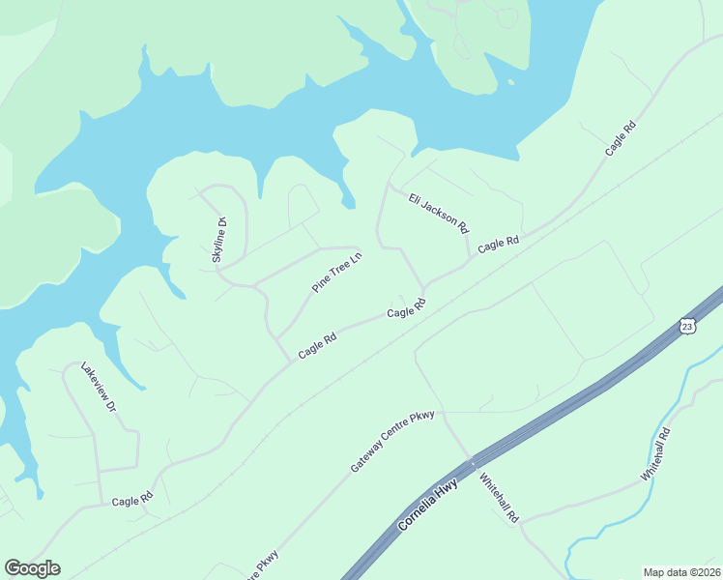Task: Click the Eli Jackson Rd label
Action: coord(438,214)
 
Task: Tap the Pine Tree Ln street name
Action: coord(336,273)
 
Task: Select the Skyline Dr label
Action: coord(218,241)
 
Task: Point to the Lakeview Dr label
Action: coord(99,388)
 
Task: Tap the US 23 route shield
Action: coord(687,326)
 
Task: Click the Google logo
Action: coord(32,568)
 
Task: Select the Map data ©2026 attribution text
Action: coord(681,572)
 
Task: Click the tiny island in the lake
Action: coord(509,83)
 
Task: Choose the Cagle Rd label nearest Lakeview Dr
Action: coord(132,500)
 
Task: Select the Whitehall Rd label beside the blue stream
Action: coord(655,456)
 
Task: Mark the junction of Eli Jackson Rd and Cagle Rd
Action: coord(470,259)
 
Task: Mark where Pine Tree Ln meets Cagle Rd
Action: coord(290,362)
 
